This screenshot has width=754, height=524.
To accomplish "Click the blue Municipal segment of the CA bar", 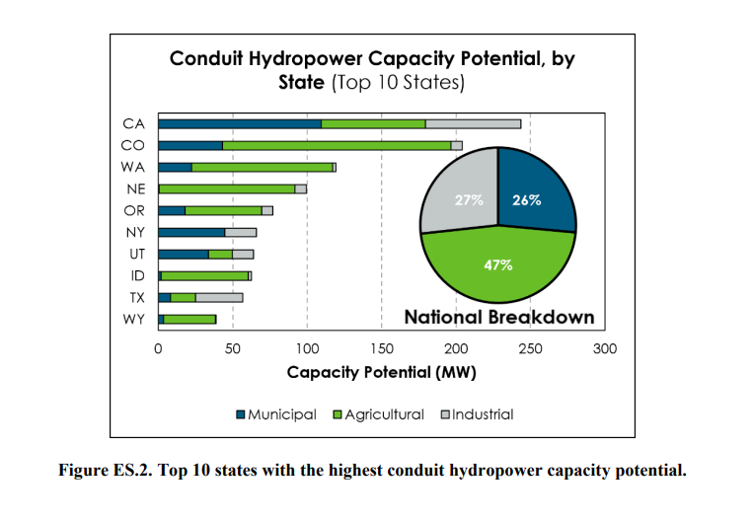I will coord(240,123).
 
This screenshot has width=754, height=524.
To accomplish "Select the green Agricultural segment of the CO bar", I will coord(337,145).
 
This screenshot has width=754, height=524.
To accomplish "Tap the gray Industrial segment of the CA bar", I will coord(473,123).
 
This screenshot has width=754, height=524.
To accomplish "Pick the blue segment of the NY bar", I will coord(192,232).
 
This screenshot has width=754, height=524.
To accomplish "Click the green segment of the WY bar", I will coord(189,319).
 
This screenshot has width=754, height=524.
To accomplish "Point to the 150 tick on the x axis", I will coord(381,348).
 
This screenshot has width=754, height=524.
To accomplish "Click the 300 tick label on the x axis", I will coord(604,348).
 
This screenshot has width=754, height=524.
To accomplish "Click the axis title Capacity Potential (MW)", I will coord(381,373).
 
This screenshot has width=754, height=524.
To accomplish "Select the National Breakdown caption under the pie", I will coord(499,318).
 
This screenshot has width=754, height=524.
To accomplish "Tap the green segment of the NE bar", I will coord(227,188).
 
